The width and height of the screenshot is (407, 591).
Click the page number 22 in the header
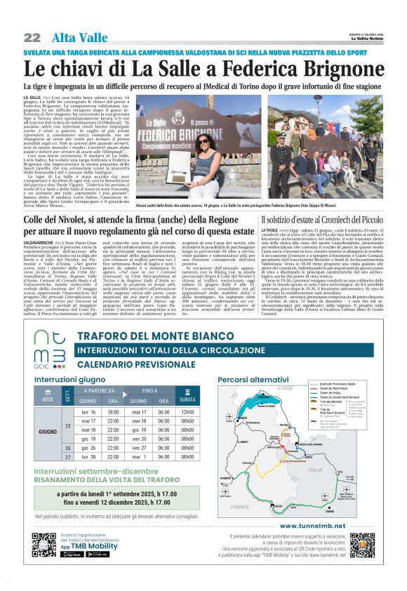coord(32,37)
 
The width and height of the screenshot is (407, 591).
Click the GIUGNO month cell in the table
coord(48,431)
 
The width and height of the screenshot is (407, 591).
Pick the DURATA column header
coord(187,399)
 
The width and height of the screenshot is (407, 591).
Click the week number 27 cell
coord(68,457)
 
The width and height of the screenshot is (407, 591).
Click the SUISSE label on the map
coord(285,387)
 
